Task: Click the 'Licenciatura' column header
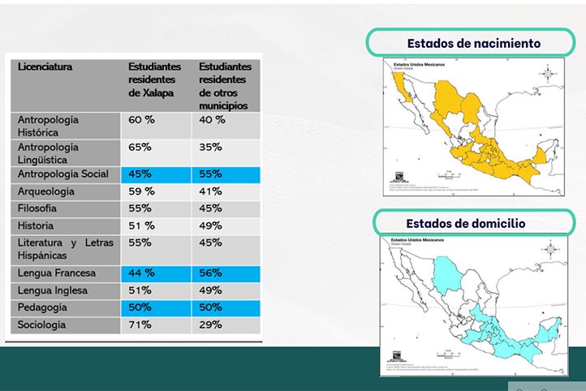pos(45,67)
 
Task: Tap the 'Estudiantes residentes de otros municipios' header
pos(225,86)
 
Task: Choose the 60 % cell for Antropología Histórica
pos(142,120)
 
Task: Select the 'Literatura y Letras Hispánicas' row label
pos(66,249)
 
